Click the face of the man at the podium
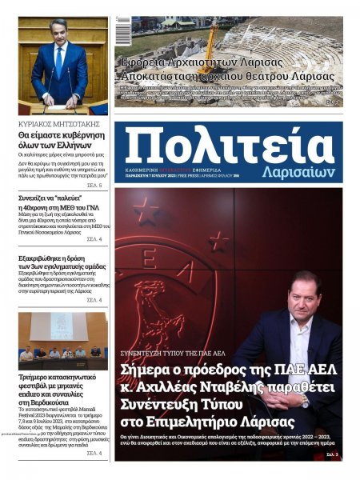tap(58, 35)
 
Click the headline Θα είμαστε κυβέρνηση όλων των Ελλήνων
tap(62, 140)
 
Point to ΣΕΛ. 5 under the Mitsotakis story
tap(94, 185)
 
